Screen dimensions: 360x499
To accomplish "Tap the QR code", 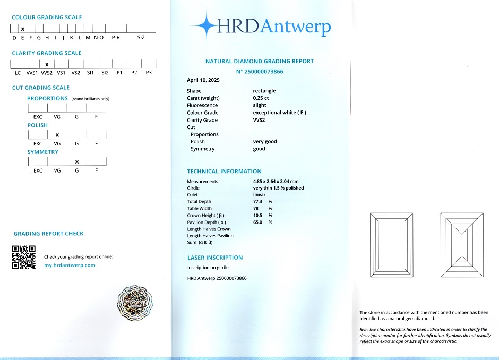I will point(23,257).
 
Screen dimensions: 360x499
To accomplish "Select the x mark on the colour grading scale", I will point(23,29).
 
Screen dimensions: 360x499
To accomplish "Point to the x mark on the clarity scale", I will point(47,64).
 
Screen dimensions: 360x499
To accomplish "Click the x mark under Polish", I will point(57,135).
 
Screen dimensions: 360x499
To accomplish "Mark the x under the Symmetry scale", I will point(77,161).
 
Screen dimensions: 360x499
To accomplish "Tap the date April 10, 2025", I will point(203,80).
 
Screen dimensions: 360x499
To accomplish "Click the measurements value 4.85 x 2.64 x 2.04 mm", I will point(276,182).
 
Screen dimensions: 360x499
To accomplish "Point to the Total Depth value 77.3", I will point(259,202).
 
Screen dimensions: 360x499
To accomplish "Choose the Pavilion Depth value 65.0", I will point(259,222).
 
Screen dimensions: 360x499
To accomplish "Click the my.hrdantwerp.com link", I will point(70,265).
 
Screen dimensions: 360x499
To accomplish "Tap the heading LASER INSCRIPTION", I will point(215,258).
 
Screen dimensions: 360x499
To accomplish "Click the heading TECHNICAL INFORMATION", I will point(224,172).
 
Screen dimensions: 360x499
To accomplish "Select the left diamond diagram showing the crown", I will point(391,244).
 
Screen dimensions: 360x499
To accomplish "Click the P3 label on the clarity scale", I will point(149,73).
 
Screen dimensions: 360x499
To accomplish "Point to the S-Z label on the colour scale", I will point(141,38).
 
